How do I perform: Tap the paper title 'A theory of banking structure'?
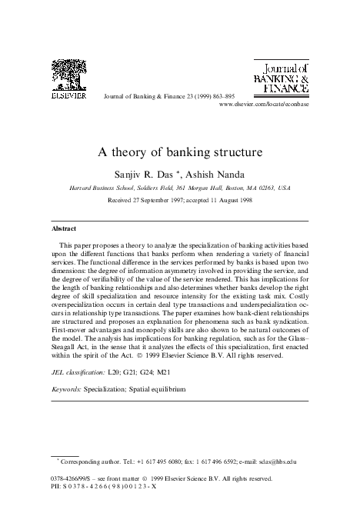pyautogui.click(x=180, y=132)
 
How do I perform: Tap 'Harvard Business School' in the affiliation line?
pyautogui.click(x=97, y=165)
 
